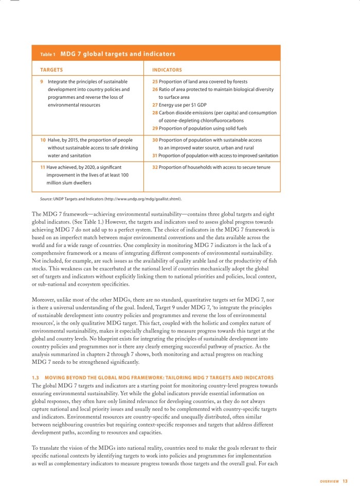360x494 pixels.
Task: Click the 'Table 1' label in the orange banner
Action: tap(48, 54)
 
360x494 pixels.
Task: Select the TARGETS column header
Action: tap(51, 69)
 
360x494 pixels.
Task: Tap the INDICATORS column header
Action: tap(167, 69)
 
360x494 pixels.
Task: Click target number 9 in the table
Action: tap(42, 82)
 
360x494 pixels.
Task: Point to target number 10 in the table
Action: tap(43, 140)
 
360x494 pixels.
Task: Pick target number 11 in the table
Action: tap(43, 167)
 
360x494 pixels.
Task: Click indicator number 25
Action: tap(155, 82)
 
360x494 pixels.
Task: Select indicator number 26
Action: tap(155, 90)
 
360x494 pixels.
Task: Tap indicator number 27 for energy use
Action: tap(155, 105)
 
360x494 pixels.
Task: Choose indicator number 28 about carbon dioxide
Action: tap(155, 113)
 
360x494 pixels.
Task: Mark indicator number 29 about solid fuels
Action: tap(155, 128)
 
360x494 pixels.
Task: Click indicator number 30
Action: tap(155, 140)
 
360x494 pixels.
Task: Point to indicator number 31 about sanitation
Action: tap(155, 155)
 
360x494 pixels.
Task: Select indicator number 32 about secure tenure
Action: tap(155, 167)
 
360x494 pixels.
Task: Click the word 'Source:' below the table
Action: tap(48, 199)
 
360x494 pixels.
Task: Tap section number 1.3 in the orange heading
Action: tap(35, 378)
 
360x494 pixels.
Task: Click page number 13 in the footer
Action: tap(345, 481)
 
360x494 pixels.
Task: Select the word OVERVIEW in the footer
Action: tap(329, 482)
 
